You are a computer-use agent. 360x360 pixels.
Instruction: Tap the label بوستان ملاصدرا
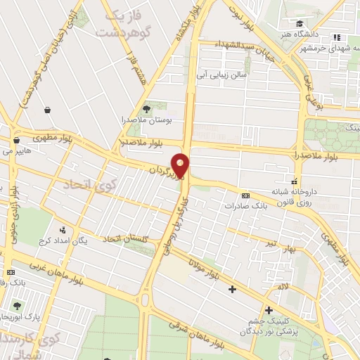[x=145, y=120]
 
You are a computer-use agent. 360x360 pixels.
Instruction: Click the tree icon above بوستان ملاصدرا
[x=146, y=108]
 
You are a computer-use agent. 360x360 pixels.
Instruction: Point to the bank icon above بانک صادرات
[x=245, y=195]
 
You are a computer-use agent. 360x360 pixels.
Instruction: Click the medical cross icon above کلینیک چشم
[x=268, y=310]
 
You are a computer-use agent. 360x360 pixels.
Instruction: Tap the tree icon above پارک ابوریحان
[x=17, y=306]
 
